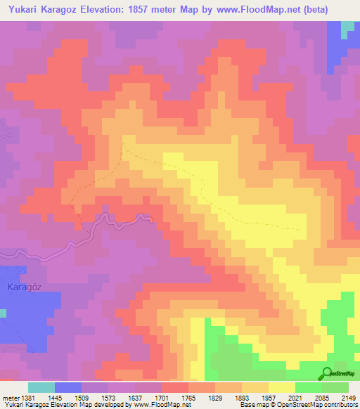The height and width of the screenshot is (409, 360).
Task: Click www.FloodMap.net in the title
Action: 253,8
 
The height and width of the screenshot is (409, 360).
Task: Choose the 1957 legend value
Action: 269,398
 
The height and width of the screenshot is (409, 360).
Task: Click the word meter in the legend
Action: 11,398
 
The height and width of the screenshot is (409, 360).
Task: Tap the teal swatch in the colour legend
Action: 41,387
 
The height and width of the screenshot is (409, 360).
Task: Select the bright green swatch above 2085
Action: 309,387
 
